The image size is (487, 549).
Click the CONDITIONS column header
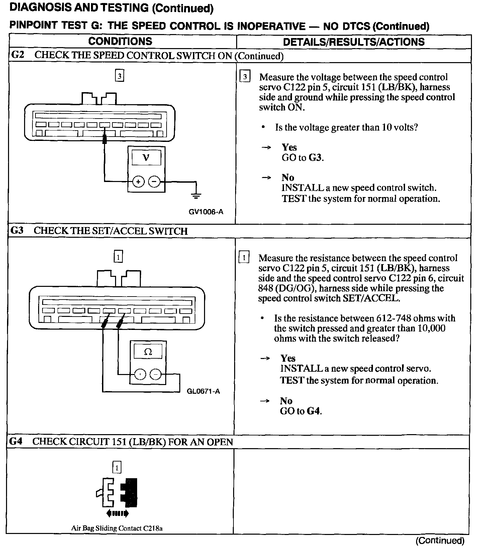coord(120,41)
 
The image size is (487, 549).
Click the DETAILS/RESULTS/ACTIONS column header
coord(354,42)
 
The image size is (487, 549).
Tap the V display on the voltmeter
coord(146,158)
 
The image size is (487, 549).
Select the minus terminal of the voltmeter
coord(154,182)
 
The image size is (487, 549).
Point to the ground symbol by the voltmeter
coord(196,195)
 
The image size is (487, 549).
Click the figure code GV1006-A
coord(206,212)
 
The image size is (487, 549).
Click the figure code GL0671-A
coord(203,391)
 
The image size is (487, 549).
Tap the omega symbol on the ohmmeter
coord(148,352)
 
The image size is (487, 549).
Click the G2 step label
coord(18,55)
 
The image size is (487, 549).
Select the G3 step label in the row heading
coord(17,230)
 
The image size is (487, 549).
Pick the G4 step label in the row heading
coord(16,441)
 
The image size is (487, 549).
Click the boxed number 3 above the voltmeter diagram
coord(119,76)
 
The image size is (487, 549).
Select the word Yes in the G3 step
coord(288,358)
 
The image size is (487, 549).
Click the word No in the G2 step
coord(288,178)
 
